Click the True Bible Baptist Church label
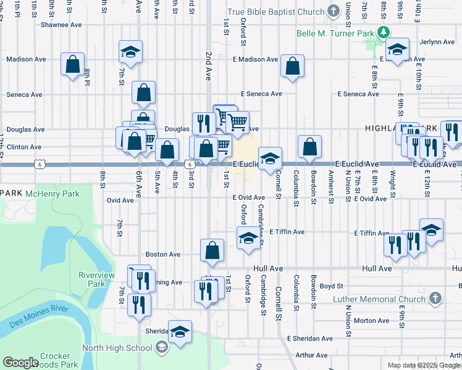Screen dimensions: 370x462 pyautogui.click(x=275, y=12)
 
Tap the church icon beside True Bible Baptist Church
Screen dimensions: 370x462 pyautogui.click(x=334, y=12)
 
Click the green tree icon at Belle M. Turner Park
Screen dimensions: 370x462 pyautogui.click(x=384, y=32)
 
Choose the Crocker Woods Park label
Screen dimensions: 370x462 pyautogui.click(x=59, y=360)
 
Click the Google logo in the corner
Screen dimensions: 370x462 pyautogui.click(x=20, y=363)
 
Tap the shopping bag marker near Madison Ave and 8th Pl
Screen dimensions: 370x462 pyautogui.click(x=73, y=64)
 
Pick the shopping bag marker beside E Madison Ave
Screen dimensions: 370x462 pyautogui.click(x=292, y=65)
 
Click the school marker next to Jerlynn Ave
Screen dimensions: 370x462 pyautogui.click(x=397, y=49)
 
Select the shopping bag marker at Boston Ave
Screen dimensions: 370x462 pyautogui.click(x=212, y=250)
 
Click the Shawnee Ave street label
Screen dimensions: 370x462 pyautogui.click(x=61, y=25)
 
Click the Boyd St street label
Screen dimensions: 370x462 pyautogui.click(x=331, y=286)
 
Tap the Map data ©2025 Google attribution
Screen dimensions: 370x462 pyautogui.click(x=424, y=365)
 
